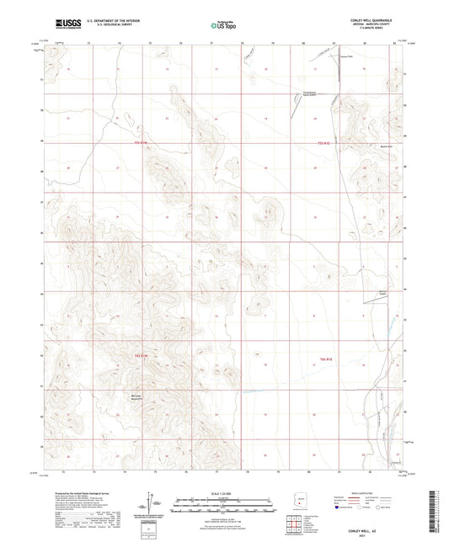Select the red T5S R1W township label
pos(143,143)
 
